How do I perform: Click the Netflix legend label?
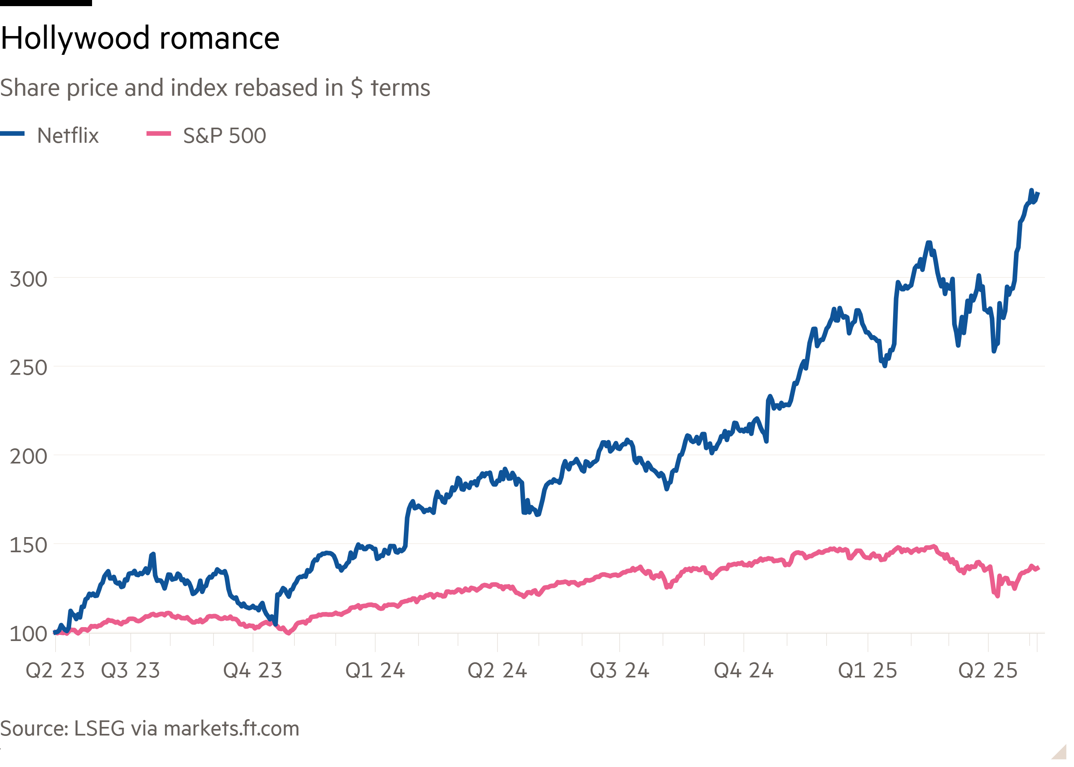pos(68,135)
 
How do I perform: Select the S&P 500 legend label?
pos(224,135)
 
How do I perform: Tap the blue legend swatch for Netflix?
pos(12,134)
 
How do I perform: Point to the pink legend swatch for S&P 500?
pos(159,134)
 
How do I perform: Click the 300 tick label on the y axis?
pos(28,279)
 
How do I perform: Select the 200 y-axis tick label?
pos(28,457)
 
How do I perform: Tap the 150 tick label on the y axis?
pos(28,546)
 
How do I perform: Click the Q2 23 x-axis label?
pos(55,670)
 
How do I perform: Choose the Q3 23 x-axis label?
pos(131,670)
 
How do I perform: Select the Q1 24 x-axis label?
pos(375,670)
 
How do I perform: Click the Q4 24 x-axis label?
pos(743,670)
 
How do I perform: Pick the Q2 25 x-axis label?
pos(988,670)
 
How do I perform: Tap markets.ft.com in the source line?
pos(232,729)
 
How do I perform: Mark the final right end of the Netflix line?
pos(1038,193)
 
